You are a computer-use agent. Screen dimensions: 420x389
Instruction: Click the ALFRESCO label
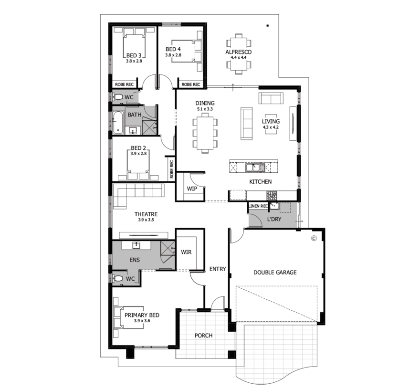(238, 52)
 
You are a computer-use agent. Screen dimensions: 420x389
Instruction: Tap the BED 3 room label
(134, 55)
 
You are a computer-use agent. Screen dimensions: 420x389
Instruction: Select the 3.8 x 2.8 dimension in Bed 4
(173, 55)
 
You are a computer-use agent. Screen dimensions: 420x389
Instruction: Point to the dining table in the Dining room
(205, 133)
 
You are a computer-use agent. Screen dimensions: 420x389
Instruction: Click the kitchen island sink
(255, 168)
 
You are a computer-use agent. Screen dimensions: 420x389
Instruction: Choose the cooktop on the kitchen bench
(272, 195)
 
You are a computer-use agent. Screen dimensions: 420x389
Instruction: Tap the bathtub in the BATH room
(118, 123)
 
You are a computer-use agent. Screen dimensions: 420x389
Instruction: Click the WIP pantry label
(192, 189)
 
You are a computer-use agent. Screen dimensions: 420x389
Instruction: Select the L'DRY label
(274, 219)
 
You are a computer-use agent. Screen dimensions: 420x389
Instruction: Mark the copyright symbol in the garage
(314, 238)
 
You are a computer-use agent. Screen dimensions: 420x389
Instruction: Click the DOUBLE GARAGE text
(275, 273)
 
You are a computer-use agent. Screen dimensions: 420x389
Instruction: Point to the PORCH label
(204, 336)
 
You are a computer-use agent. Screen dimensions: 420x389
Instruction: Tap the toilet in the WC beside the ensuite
(117, 278)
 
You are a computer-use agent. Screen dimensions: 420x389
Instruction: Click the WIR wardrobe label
(186, 252)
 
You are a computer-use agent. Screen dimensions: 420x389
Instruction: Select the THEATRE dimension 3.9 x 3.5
(146, 220)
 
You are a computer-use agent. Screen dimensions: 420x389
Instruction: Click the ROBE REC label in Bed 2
(172, 169)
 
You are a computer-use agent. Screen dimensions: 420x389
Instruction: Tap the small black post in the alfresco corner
(268, 26)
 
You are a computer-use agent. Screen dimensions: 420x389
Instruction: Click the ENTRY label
(218, 269)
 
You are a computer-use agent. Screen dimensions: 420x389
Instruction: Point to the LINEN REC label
(259, 206)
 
